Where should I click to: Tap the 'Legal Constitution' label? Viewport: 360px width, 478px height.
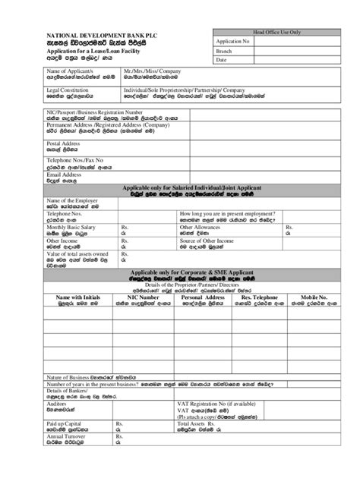pos(47,90)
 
